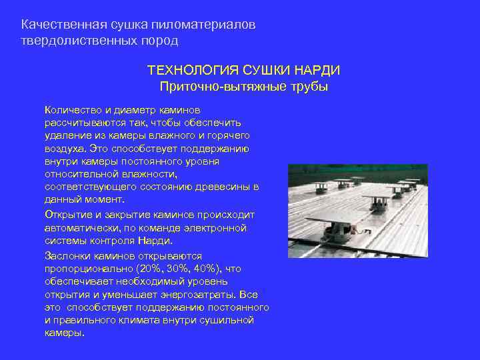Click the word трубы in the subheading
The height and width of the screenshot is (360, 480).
click(x=309, y=87)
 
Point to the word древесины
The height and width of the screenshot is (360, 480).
click(x=220, y=186)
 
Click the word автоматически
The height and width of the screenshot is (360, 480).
click(x=79, y=228)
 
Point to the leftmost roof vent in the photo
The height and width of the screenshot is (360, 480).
click(x=318, y=184)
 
